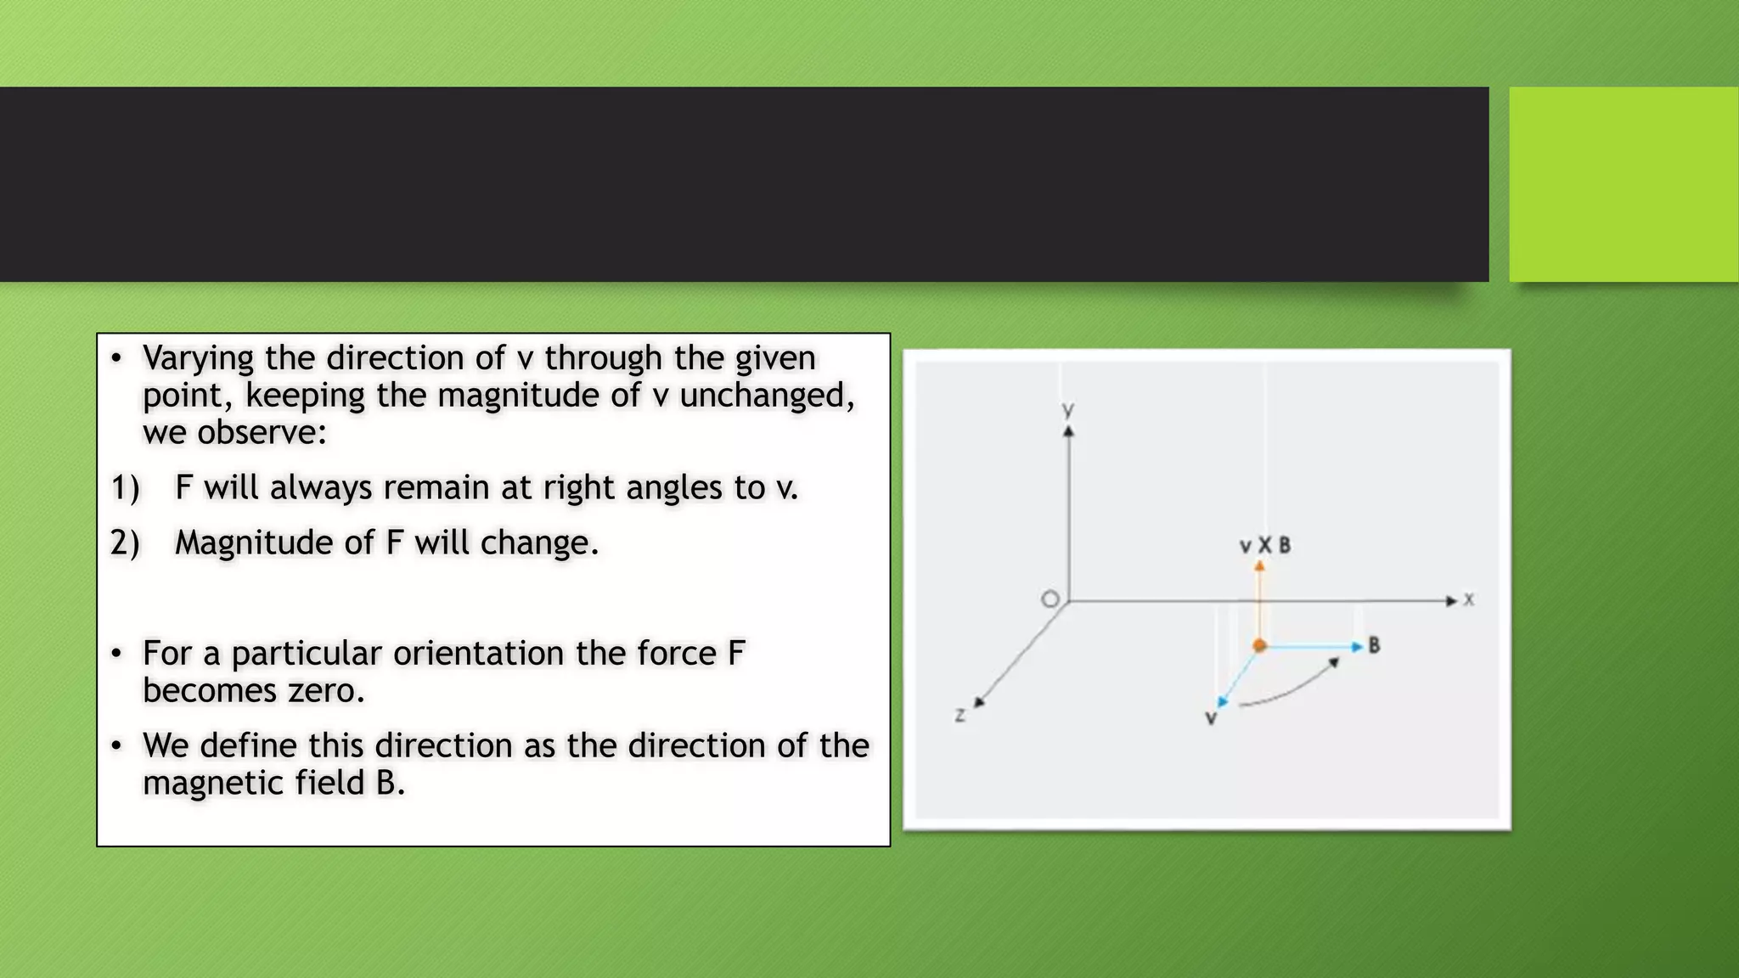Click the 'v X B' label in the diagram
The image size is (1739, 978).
pyautogui.click(x=1264, y=546)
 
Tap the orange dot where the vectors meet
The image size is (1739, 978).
pyautogui.click(x=1259, y=646)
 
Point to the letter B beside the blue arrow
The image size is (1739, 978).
pyautogui.click(x=1374, y=646)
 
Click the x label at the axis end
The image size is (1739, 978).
pyautogui.click(x=1469, y=600)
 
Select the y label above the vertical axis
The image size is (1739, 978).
pyautogui.click(x=1068, y=410)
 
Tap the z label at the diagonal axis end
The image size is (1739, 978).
pyautogui.click(x=960, y=716)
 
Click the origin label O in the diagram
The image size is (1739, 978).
pyautogui.click(x=1050, y=599)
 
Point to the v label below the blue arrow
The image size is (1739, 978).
pyautogui.click(x=1211, y=719)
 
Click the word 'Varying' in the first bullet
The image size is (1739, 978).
pyautogui.click(x=198, y=358)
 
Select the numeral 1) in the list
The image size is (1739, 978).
pyautogui.click(x=125, y=488)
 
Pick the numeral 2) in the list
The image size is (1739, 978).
pyautogui.click(x=125, y=543)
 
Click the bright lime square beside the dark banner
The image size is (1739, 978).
pyautogui.click(x=1624, y=184)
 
